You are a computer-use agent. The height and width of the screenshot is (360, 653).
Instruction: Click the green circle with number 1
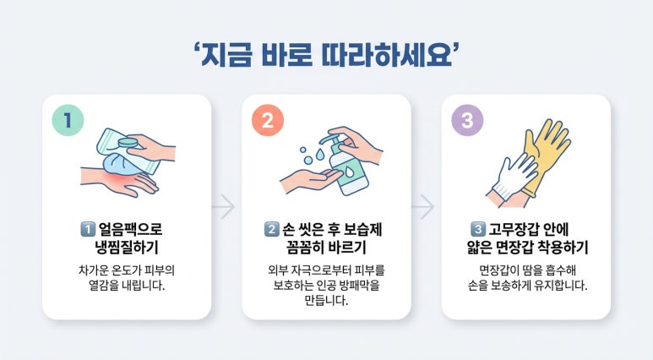pyautogui.click(x=68, y=120)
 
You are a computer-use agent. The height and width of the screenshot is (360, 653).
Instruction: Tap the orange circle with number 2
pyautogui.click(x=267, y=120)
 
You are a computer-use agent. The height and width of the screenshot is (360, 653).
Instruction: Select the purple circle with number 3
pyautogui.click(x=467, y=120)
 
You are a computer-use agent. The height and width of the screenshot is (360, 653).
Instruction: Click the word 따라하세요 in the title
pyautogui.click(x=386, y=56)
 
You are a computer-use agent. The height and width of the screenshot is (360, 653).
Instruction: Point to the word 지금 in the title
pyautogui.click(x=226, y=56)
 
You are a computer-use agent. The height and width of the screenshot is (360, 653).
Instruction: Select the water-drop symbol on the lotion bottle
pyautogui.click(x=348, y=172)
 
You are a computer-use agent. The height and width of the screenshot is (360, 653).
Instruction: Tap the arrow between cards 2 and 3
pyautogui.click(x=423, y=206)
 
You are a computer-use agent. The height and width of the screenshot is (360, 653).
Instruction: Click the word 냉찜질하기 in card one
pyautogui.click(x=127, y=247)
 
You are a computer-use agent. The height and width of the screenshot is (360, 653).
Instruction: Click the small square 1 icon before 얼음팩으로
pyautogui.click(x=87, y=229)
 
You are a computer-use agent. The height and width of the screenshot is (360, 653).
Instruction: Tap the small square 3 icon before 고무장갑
pyautogui.click(x=477, y=229)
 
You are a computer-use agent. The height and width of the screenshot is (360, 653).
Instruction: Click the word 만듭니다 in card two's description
pyautogui.click(x=326, y=300)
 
